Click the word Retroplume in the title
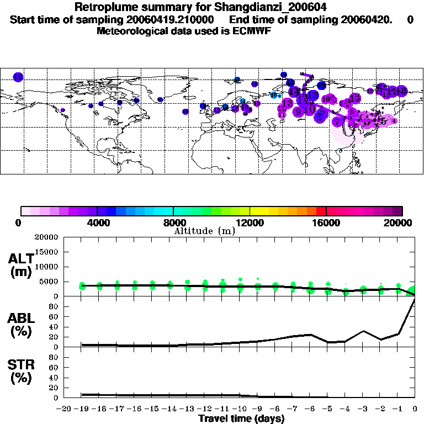click(103, 7)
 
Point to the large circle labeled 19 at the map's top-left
click(18, 77)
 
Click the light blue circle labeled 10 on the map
click(274, 95)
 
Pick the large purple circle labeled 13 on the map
click(287, 103)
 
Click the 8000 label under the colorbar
click(174, 223)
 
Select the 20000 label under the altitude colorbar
click(401, 223)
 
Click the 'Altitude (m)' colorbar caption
click(204, 231)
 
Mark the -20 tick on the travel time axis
click(65, 409)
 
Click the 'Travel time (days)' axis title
click(241, 418)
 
